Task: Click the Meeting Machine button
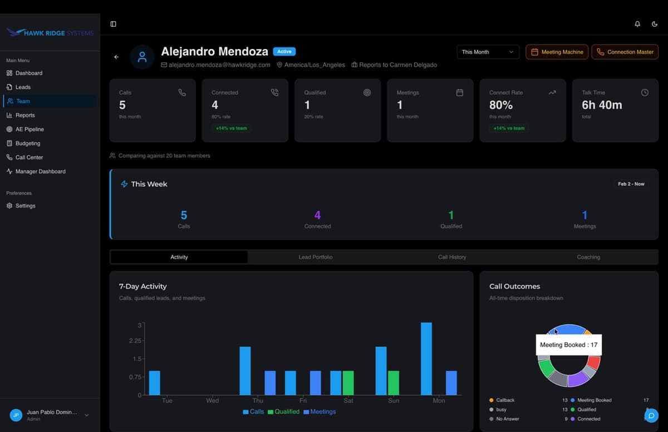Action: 557,52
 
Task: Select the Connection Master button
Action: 625,52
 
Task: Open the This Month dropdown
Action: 488,52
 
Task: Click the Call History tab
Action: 452,257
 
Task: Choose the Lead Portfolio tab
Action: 315,257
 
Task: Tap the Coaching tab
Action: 588,257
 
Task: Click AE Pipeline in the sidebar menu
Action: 30,129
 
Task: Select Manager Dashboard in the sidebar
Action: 40,171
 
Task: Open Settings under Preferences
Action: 25,206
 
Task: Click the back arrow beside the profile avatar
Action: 116,57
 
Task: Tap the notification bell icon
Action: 637,24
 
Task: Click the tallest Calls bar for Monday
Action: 426,359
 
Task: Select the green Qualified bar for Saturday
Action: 348,383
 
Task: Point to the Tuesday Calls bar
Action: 154,383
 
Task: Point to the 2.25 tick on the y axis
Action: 135,341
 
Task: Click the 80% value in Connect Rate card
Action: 501,105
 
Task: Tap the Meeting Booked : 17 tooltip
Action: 568,345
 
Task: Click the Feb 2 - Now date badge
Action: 631,184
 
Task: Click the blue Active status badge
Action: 284,52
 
